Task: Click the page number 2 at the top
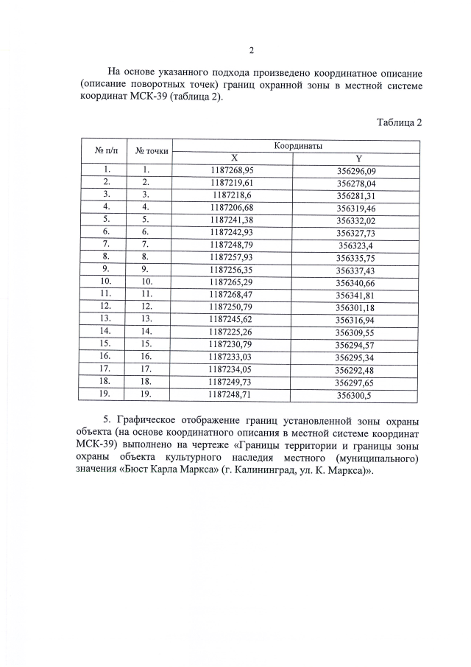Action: (x=251, y=51)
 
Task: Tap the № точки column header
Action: (x=152, y=151)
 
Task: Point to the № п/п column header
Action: (x=107, y=151)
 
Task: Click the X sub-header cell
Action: (x=234, y=158)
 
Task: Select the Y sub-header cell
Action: (x=358, y=158)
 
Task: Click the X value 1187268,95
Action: (x=232, y=170)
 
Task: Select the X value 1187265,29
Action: (x=232, y=282)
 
